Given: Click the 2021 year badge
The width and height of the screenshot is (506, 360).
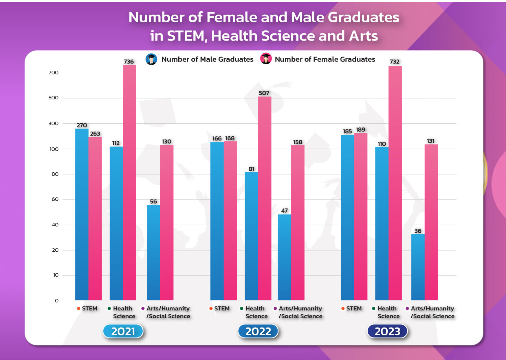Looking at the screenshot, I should tap(123, 331).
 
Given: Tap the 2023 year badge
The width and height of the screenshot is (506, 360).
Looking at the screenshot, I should tap(387, 331).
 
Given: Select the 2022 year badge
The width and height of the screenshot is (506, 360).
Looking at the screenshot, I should tap(258, 331).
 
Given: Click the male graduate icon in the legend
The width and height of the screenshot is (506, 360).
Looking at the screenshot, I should tap(151, 59).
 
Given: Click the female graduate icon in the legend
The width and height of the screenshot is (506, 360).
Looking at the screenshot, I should tap(266, 59).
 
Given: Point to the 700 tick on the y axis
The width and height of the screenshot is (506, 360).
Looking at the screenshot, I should tap(54, 73).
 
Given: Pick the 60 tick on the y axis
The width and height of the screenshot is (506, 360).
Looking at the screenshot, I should tap(55, 199).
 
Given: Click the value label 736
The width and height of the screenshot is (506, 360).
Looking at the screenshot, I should tap(129, 62).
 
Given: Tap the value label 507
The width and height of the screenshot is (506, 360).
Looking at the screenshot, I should tap(264, 93).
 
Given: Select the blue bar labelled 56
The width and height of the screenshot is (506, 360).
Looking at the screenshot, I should tap(153, 252).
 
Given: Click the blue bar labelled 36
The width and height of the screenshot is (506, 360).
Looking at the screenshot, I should tap(418, 266).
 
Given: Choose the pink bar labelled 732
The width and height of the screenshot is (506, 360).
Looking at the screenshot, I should tap(395, 182).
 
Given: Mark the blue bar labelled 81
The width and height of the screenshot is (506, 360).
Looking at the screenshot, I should tap(251, 236).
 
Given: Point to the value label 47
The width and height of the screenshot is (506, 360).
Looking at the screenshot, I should tap(285, 211).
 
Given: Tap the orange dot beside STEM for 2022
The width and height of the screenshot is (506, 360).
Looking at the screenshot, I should tap(211, 308).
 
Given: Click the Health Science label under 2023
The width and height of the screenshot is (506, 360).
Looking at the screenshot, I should tap(388, 312).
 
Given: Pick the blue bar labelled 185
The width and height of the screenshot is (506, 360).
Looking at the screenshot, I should tap(347, 217).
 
